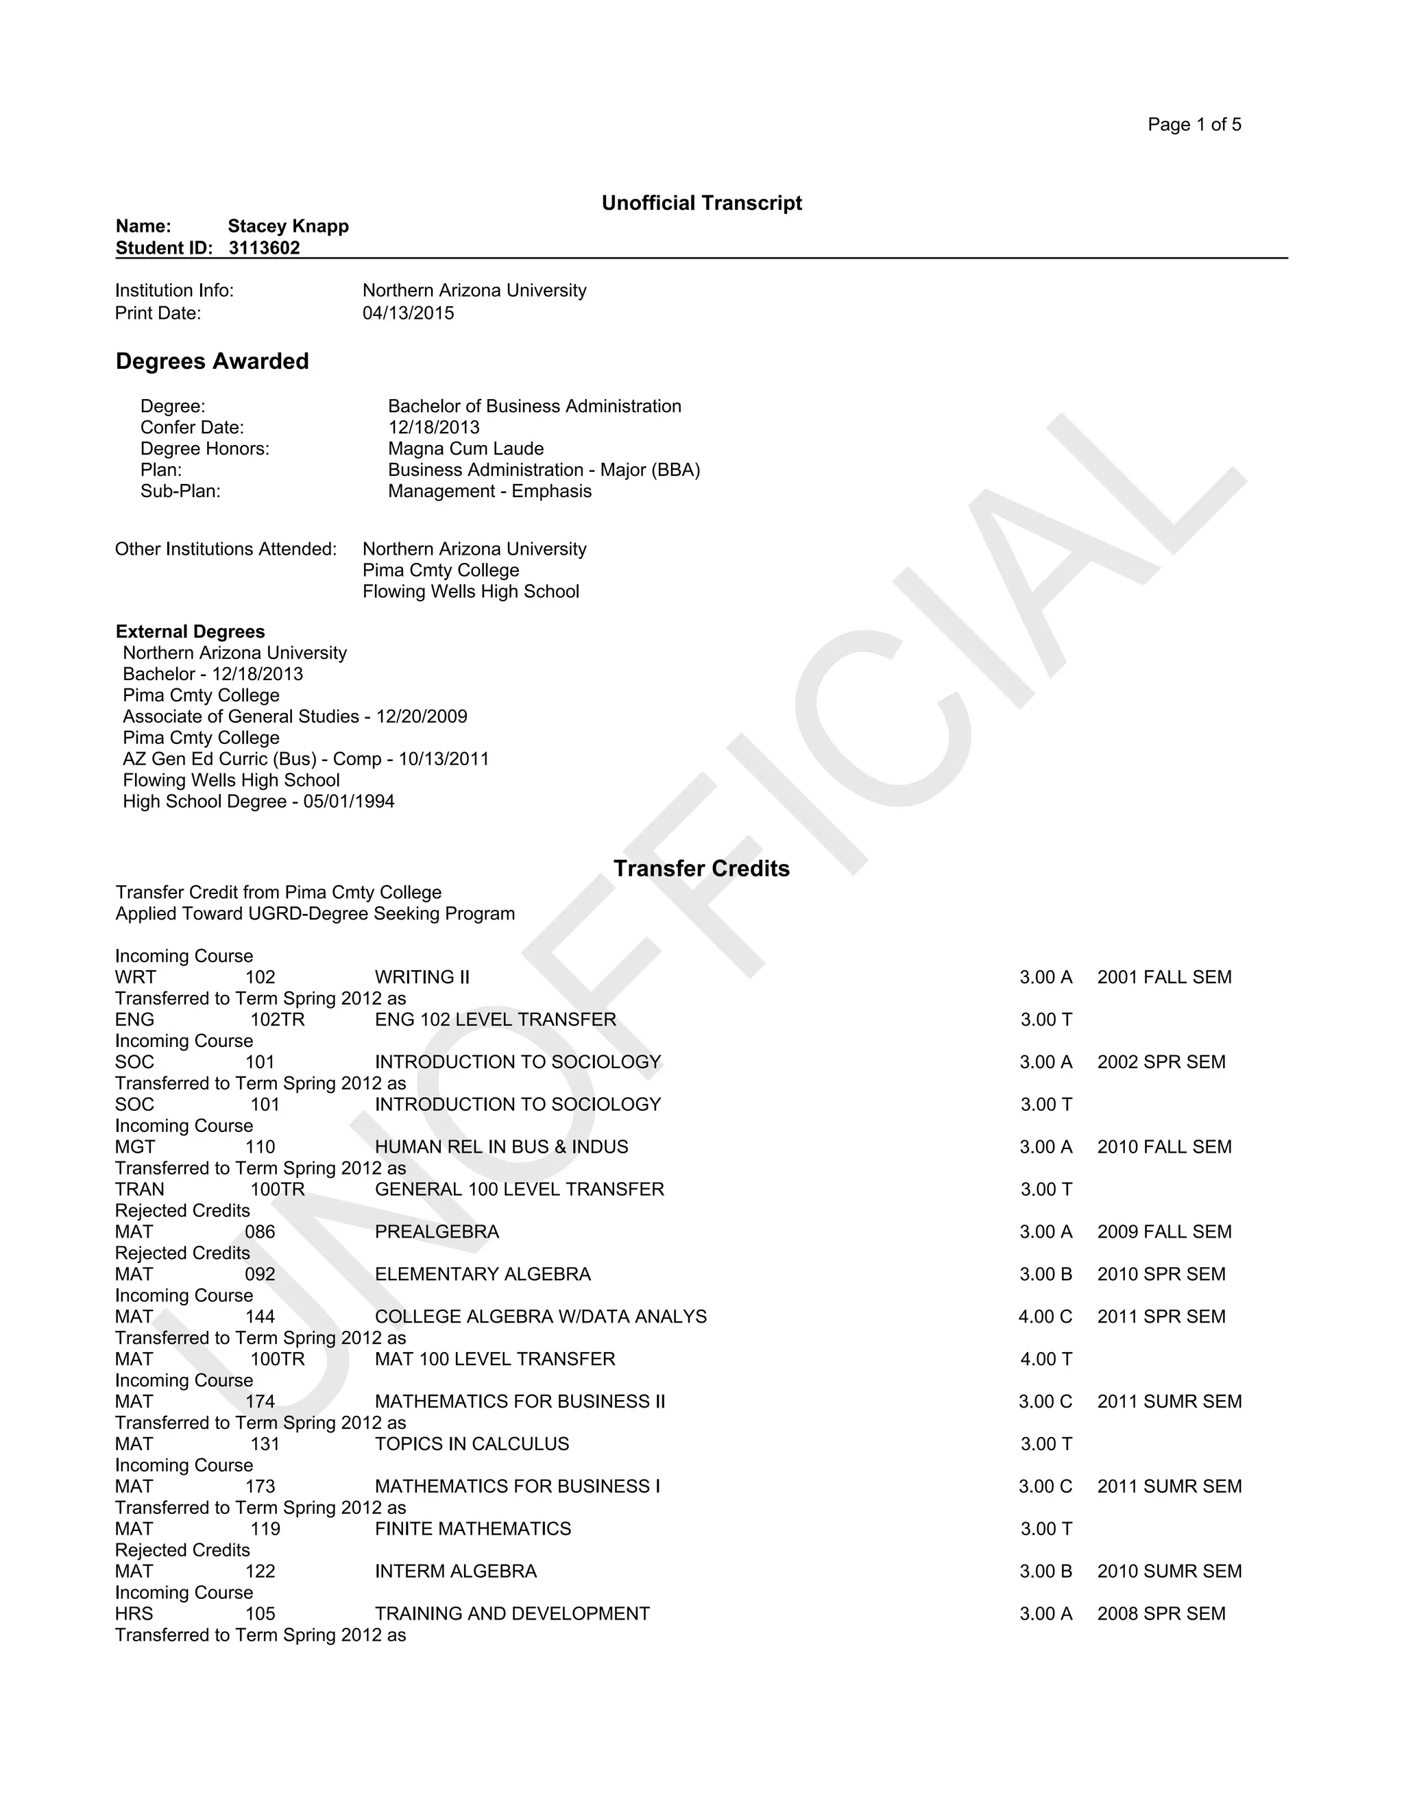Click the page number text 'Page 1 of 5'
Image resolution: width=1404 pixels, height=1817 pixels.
point(1194,125)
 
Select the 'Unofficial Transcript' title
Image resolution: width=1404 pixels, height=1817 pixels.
point(701,203)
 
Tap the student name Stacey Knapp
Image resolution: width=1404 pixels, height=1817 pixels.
point(288,226)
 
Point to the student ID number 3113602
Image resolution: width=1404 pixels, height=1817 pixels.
point(264,248)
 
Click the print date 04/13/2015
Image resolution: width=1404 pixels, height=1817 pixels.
point(408,313)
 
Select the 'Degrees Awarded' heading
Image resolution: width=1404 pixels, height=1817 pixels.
point(212,361)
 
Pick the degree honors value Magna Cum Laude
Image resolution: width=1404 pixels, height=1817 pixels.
point(465,448)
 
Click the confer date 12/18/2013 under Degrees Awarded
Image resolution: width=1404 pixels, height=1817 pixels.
point(433,428)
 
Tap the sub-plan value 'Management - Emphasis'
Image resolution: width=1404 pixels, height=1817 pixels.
point(489,491)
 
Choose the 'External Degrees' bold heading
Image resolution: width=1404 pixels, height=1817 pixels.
point(190,631)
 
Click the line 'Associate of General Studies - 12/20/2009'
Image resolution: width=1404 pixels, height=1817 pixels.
point(294,717)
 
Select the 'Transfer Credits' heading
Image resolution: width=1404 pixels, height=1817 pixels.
point(701,869)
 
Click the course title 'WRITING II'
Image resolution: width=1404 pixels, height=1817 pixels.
point(422,978)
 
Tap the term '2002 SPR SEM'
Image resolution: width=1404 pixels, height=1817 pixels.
point(1161,1062)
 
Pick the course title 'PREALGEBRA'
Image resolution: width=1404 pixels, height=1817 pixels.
point(437,1232)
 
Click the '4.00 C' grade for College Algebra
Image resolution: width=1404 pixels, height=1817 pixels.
point(1045,1317)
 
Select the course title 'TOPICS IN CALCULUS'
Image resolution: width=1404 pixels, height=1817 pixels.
point(472,1444)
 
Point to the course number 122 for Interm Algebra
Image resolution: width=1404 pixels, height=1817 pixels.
point(260,1572)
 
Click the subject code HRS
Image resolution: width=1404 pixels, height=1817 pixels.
point(134,1614)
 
